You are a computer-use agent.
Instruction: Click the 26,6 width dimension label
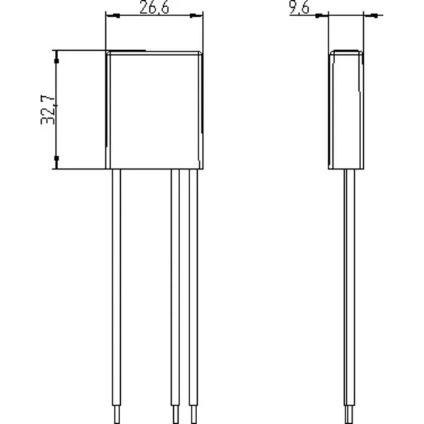coord(154,7)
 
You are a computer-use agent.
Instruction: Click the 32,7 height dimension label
coord(48,110)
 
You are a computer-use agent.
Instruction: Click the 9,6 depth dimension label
coord(299,7)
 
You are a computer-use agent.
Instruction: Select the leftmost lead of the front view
coord(117,296)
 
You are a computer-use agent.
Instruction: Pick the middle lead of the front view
coord(175,296)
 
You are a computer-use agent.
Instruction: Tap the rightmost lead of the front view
coord(194,296)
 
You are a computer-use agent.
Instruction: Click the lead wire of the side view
coord(349,296)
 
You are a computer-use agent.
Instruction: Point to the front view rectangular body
coord(154,110)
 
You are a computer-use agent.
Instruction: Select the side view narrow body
coord(346,110)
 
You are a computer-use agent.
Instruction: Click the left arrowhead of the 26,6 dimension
coord(113,16)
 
